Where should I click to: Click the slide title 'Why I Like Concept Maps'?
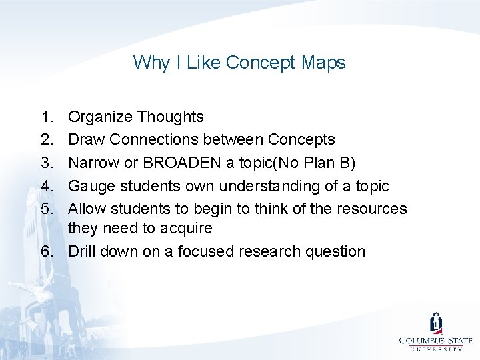point(239,63)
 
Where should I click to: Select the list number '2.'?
point(47,140)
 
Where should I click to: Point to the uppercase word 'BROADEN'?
point(185,163)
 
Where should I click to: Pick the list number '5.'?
point(47,209)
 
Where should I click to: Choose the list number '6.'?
point(47,251)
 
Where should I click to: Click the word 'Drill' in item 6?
point(83,251)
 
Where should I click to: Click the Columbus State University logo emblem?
point(436,323)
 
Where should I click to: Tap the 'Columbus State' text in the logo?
point(436,340)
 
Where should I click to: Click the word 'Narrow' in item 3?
point(93,163)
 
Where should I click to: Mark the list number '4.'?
point(47,186)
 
